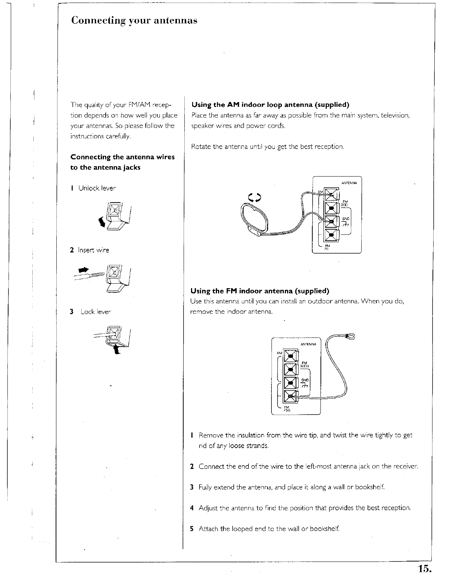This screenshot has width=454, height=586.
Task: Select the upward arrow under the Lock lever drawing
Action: coord(118,349)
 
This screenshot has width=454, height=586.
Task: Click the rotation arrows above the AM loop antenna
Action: coord(255,198)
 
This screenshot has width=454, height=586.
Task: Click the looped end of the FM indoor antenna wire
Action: coord(349,336)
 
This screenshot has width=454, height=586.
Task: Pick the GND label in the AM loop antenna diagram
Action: coord(346,218)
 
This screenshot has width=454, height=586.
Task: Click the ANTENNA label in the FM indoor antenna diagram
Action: coord(309,344)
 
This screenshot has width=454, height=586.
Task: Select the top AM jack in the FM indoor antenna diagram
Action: coord(291,357)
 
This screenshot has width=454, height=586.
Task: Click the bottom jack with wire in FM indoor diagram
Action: coord(291,397)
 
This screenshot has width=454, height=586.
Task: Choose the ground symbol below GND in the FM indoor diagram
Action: coord(305,386)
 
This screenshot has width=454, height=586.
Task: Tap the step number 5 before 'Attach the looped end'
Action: coord(191,529)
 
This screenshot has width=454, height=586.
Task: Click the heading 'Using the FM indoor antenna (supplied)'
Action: coord(260,290)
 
